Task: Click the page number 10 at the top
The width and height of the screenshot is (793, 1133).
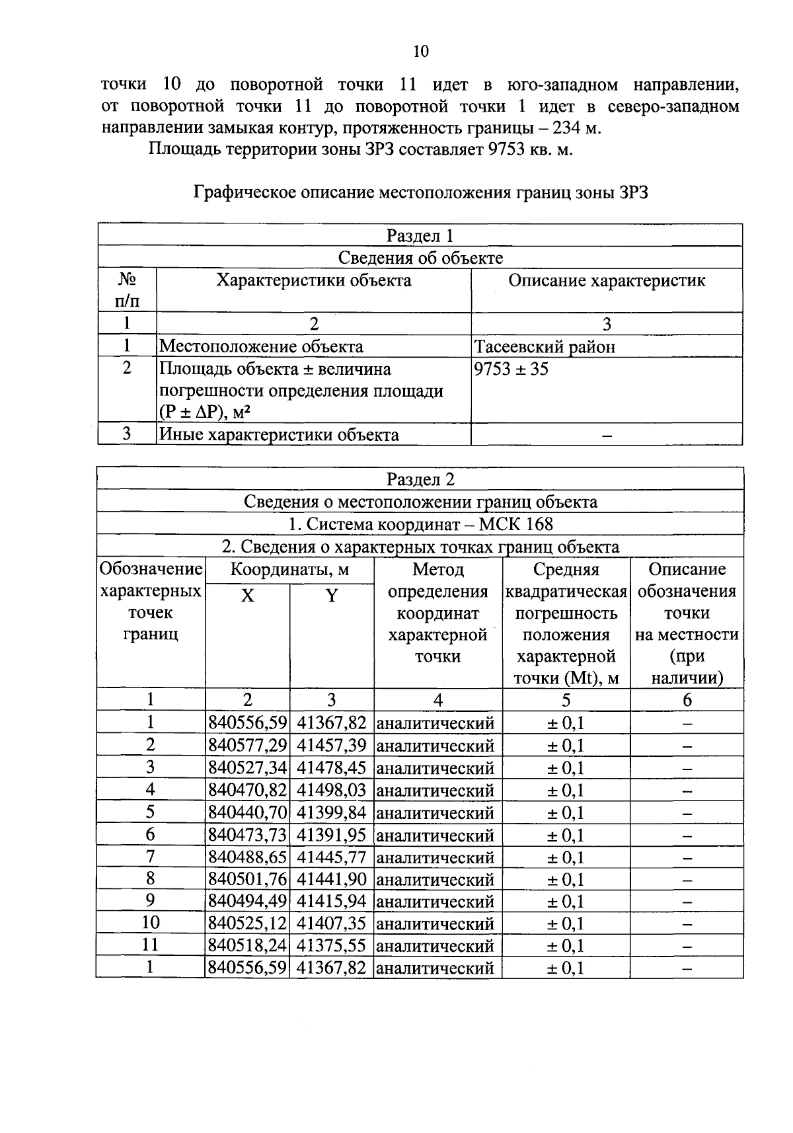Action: coord(420,52)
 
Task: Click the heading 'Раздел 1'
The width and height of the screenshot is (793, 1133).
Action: coord(420,236)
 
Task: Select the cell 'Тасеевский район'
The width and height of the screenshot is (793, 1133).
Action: coord(545,346)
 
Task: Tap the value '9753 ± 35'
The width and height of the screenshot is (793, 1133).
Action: coord(511,369)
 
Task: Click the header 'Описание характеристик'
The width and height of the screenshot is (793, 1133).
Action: coord(607,281)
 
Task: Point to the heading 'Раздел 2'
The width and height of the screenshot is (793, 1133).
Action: coord(420,479)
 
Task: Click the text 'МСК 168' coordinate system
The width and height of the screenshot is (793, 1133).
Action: coord(516,524)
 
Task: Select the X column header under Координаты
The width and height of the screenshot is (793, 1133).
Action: coord(247,596)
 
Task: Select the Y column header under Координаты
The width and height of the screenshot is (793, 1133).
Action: coord(332,596)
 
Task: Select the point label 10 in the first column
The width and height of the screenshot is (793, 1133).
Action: coord(151,923)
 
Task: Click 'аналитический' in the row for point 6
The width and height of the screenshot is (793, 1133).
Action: coord(435,836)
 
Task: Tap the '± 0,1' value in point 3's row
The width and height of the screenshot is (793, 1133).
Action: coord(566,768)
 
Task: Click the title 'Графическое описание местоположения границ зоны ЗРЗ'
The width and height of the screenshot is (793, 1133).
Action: coord(421,192)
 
